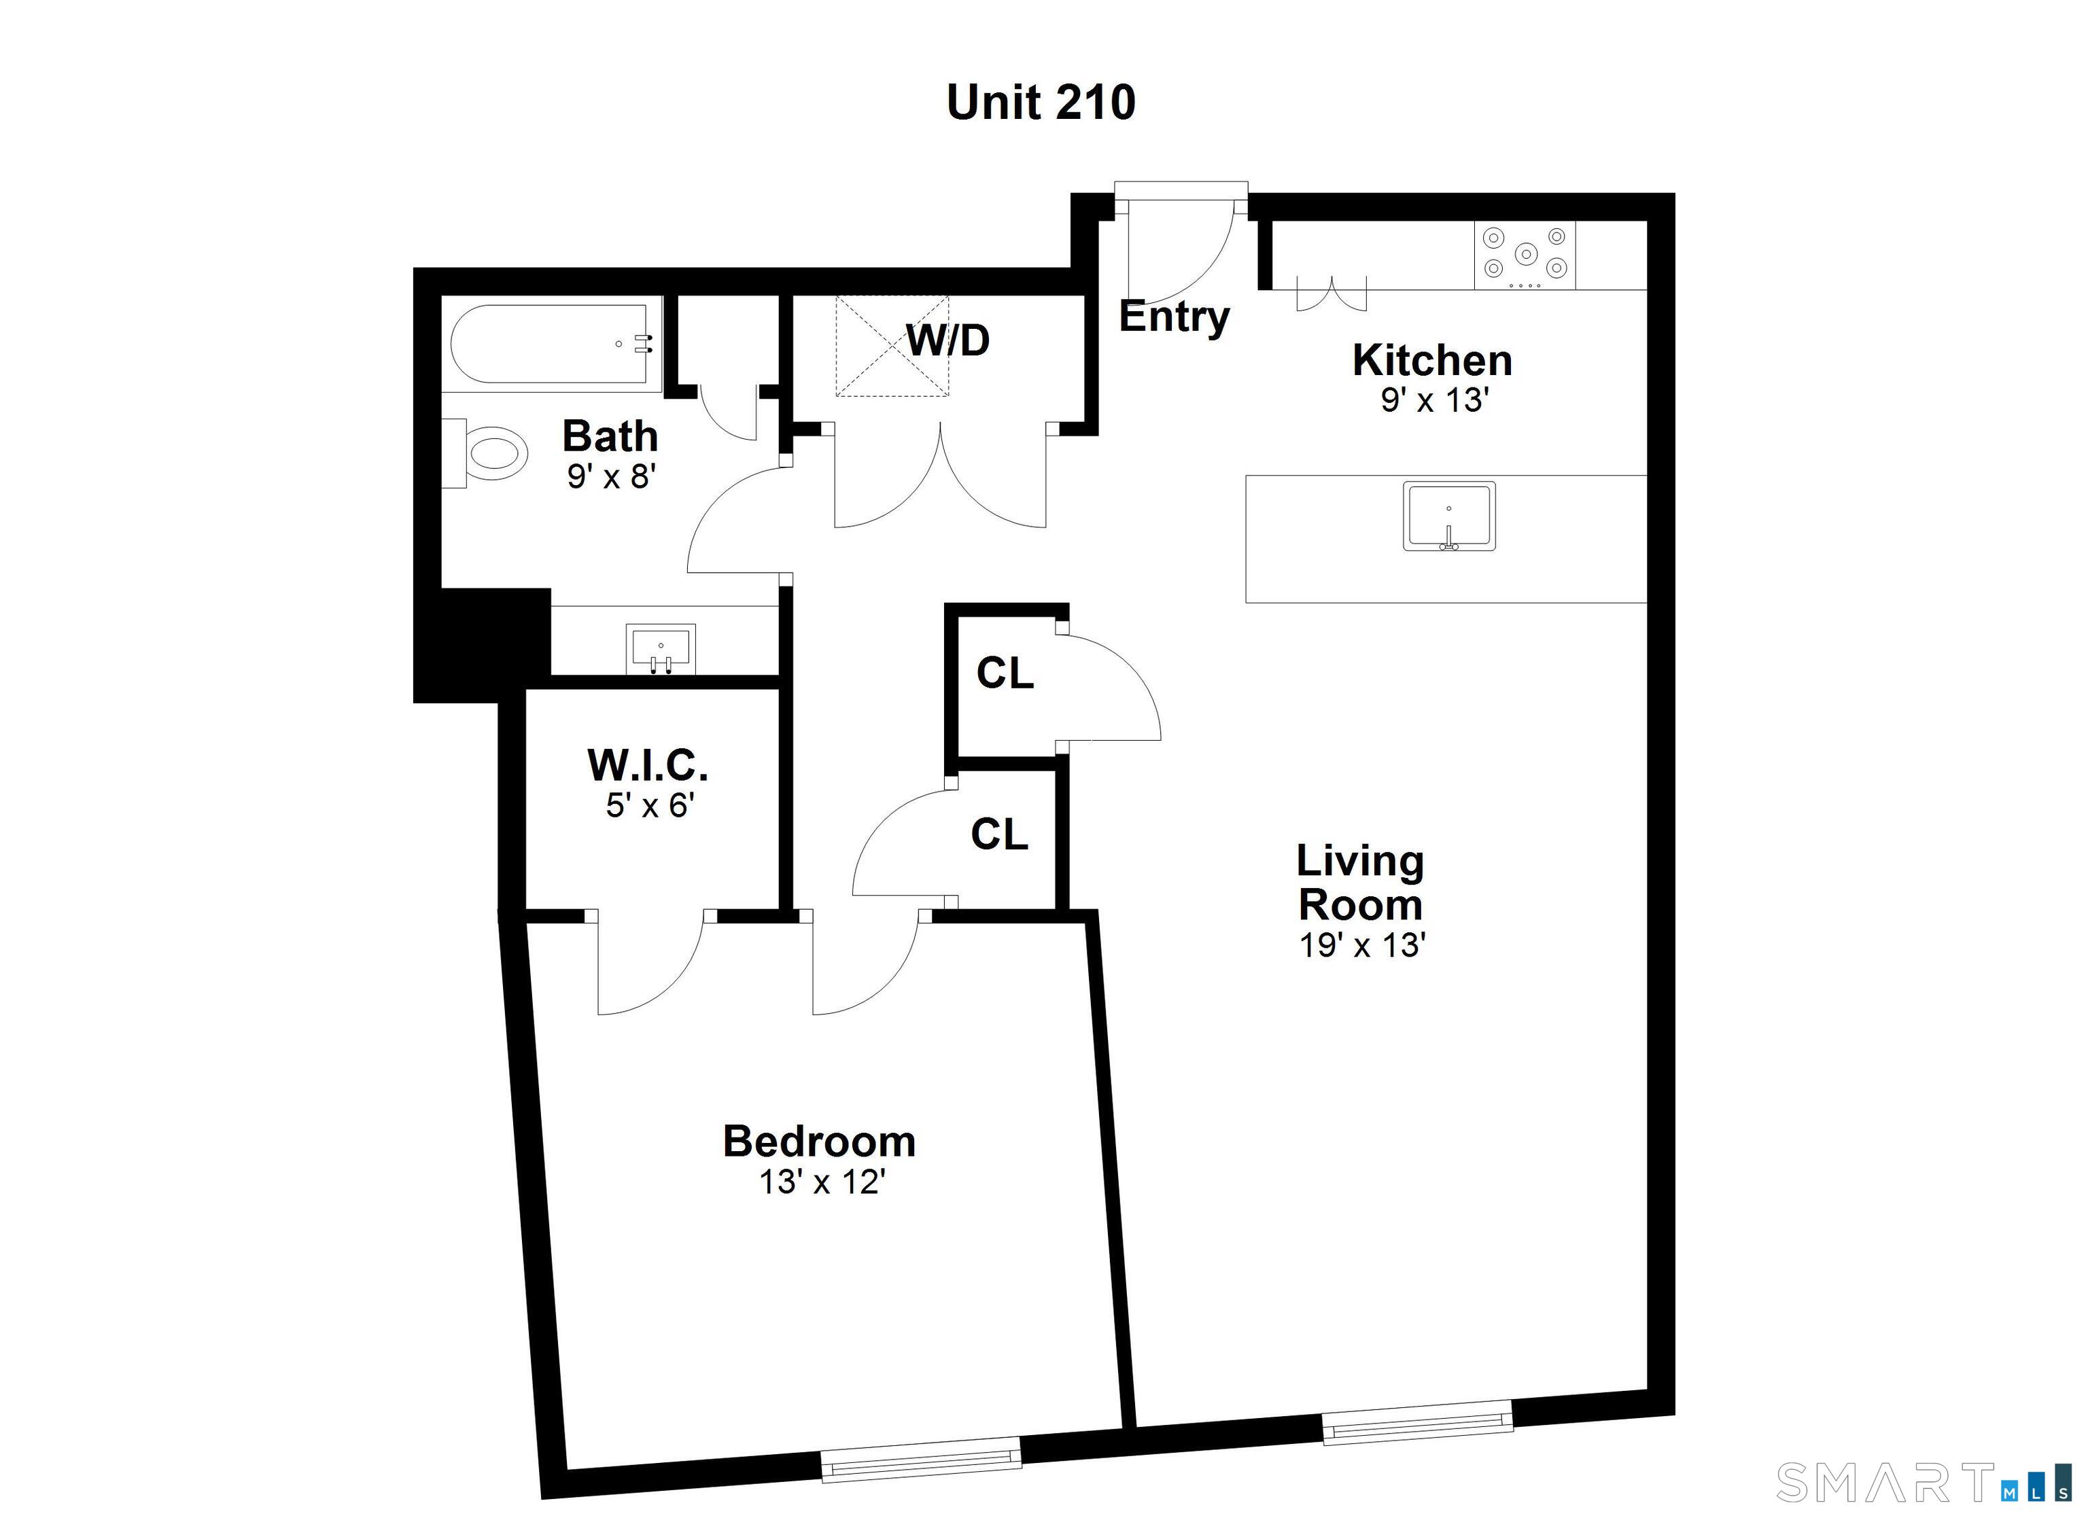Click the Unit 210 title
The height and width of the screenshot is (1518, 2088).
coord(1041,102)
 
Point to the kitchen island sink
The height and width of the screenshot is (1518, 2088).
coord(1448,516)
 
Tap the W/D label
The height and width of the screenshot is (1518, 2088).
coord(947,340)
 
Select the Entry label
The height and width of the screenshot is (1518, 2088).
coord(1174,317)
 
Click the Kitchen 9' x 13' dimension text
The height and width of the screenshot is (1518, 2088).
coord(1434,400)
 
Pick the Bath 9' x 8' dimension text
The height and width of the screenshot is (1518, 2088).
coord(610,477)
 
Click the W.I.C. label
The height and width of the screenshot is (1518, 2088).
coord(648,765)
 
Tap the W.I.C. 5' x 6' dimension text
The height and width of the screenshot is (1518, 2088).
coord(649,807)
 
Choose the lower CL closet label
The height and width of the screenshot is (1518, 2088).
coord(999,834)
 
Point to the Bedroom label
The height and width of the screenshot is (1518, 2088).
coord(820,1142)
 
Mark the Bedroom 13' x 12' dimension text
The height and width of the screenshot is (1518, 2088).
coord(821,1182)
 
